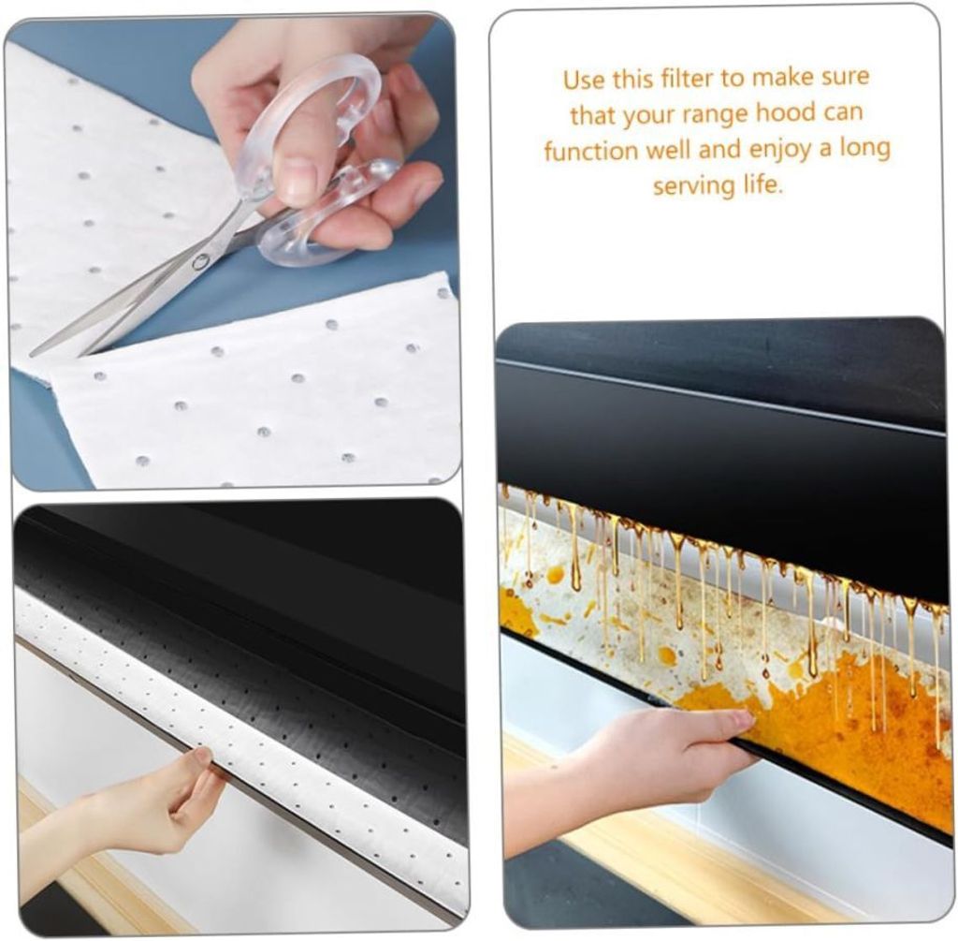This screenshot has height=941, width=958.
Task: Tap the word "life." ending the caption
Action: point(762,184)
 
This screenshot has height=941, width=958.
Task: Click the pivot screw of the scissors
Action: point(200,263)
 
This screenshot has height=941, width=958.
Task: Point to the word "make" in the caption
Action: point(779,79)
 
